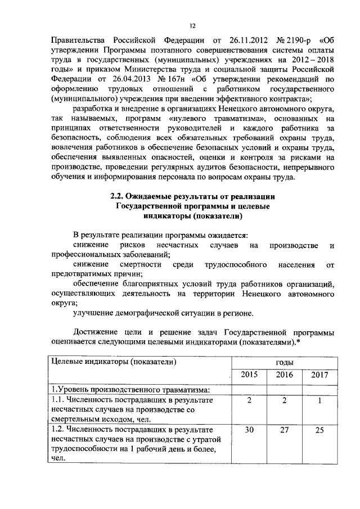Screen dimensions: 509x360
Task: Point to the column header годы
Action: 280,363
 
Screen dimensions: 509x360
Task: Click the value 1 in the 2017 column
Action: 319,400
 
